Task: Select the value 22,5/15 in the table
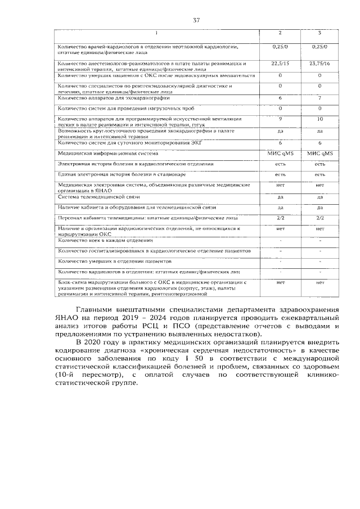click(x=280, y=64)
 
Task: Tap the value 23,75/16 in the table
click(x=319, y=64)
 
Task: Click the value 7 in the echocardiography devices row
click(x=319, y=98)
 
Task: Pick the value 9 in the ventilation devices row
click(x=280, y=119)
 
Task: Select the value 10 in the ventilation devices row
click(x=319, y=119)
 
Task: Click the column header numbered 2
click(x=280, y=33)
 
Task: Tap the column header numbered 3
click(x=319, y=33)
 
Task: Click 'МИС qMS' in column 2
click(x=280, y=153)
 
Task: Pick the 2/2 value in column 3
click(x=319, y=217)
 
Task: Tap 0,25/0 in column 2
click(x=280, y=44)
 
